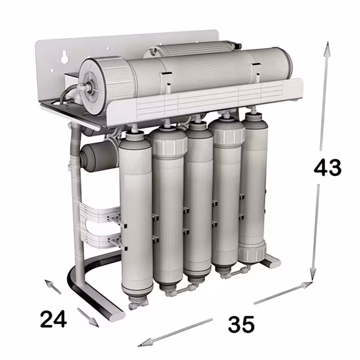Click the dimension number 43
click(x=328, y=168)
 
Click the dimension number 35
click(x=241, y=324)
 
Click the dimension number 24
click(x=53, y=319)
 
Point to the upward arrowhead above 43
click(x=326, y=48)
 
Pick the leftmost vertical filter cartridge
click(x=135, y=216)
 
